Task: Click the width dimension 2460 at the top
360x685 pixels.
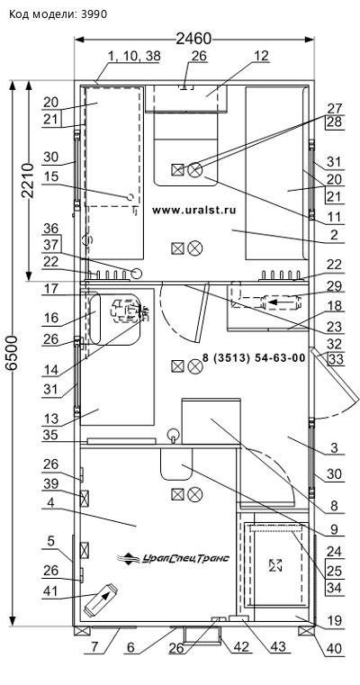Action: pos(193,39)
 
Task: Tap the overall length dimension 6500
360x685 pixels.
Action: pos(13,353)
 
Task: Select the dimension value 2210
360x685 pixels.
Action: pos(28,180)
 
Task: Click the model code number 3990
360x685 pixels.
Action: pos(94,14)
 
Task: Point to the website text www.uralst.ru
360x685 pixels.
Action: pos(194,210)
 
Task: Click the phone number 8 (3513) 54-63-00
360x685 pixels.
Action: pos(254,358)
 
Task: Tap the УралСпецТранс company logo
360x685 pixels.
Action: pos(174,558)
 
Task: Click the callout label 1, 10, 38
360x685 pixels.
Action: pos(134,56)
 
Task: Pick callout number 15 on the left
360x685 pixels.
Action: pos(50,176)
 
